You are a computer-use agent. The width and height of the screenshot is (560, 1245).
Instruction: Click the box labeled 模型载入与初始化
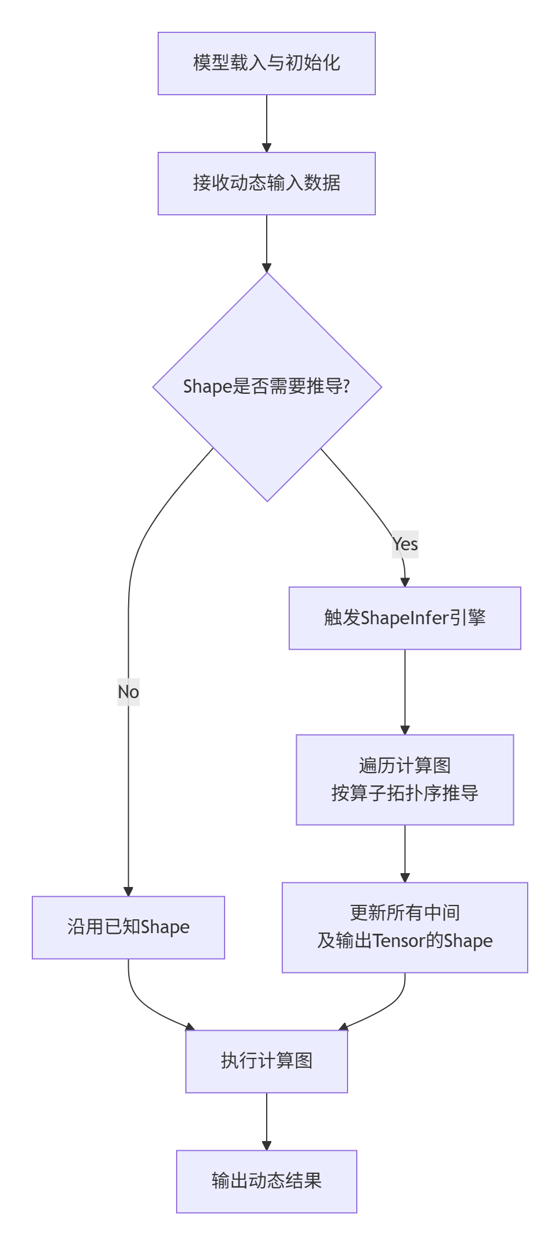(266, 64)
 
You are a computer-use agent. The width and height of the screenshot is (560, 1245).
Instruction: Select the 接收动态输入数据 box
(266, 184)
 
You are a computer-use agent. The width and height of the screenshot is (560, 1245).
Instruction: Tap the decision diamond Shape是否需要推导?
(267, 386)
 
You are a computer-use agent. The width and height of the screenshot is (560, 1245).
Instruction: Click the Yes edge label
(405, 544)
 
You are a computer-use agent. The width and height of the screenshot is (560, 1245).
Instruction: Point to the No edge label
(128, 692)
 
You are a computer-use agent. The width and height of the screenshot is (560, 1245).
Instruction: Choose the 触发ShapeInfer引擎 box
(405, 618)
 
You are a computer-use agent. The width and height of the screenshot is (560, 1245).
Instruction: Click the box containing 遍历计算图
(405, 780)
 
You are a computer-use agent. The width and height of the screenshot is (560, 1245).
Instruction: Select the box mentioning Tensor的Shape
(405, 927)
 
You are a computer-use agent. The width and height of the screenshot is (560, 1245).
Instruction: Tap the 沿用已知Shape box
(128, 927)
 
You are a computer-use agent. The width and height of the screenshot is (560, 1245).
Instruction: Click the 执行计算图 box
(266, 1061)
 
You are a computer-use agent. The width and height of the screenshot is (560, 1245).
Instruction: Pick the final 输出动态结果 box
(266, 1181)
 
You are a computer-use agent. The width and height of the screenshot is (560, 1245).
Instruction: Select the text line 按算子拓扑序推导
(405, 793)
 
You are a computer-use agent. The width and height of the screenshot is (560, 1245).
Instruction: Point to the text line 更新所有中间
(405, 913)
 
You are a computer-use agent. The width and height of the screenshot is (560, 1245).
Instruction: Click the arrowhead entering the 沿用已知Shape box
(128, 891)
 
